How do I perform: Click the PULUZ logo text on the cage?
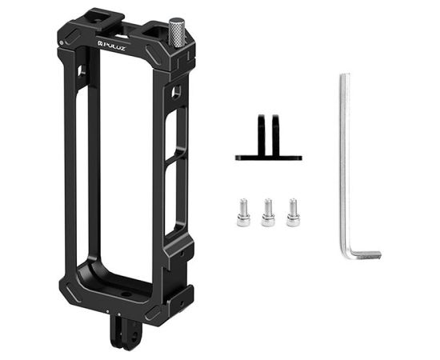click(x=117, y=44)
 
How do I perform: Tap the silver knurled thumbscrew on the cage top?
click(x=178, y=31)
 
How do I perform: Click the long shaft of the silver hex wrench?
click(x=345, y=160)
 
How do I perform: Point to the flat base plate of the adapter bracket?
click(x=268, y=157)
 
